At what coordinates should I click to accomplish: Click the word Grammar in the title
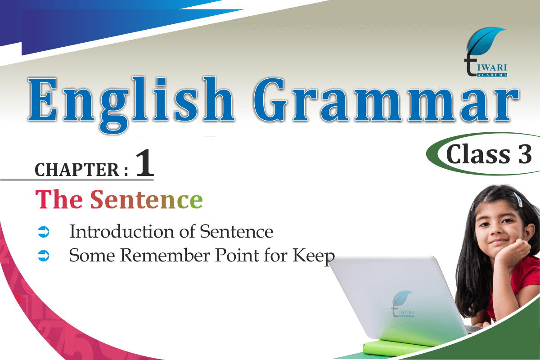386,99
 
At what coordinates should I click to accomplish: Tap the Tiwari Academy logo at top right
486,52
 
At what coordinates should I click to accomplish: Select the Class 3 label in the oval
489,154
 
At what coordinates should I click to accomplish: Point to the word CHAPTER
77,170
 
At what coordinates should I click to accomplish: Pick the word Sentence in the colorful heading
146,199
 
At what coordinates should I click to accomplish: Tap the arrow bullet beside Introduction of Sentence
44,232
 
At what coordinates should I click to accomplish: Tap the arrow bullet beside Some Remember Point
44,256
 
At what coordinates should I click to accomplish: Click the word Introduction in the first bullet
121,231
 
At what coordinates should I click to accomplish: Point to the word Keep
314,256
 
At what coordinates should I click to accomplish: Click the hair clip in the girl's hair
517,199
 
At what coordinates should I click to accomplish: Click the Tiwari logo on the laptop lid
402,304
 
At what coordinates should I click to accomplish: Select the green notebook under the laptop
396,346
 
